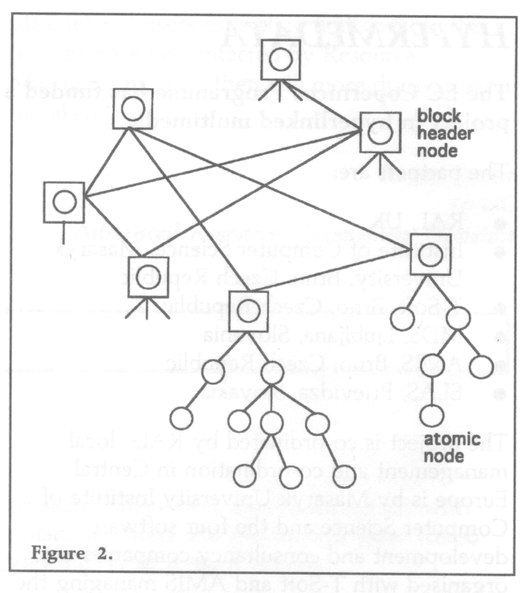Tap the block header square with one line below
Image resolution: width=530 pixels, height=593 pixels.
(63, 200)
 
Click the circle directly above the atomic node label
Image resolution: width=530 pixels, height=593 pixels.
(432, 415)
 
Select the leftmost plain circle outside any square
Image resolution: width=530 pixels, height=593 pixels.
(180, 418)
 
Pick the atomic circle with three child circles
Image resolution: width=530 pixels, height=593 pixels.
(213, 374)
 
